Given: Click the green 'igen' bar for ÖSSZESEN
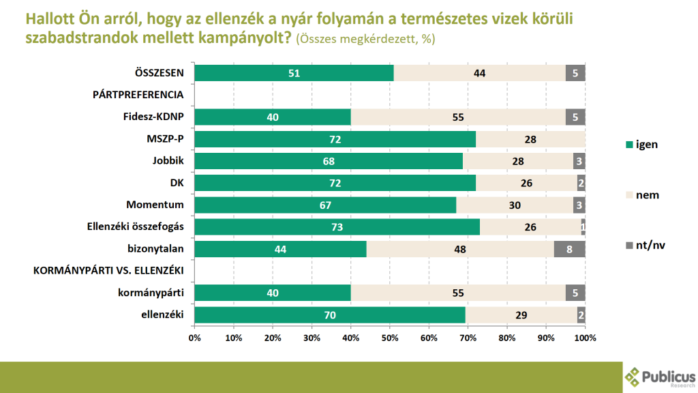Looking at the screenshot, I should coord(294,73).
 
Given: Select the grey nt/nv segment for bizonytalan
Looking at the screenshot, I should coord(569,249).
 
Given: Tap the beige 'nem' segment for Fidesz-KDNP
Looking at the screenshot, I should coord(458,117).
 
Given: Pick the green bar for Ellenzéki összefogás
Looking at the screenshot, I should coord(337,227).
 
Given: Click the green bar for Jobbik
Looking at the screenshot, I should coord(329,161).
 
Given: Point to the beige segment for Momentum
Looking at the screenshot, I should coord(515,205).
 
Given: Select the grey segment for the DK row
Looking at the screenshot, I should coord(581,183).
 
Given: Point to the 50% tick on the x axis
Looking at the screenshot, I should coord(390,337).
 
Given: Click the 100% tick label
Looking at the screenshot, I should coord(585,337).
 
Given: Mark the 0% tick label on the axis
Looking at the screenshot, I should coord(194,337).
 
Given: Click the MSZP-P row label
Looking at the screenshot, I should coord(166,139).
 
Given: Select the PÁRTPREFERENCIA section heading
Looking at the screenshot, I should coord(139,95).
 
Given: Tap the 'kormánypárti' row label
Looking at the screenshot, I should coord(155,293).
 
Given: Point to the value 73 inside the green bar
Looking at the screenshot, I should coord(337,227).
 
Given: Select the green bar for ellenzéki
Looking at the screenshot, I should coord(330,315).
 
